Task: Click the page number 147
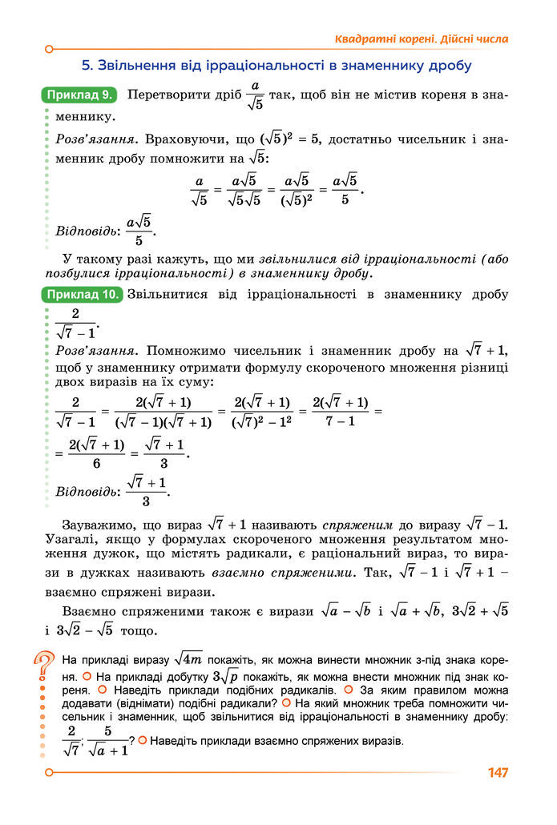click(497, 773)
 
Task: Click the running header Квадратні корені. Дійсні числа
click(421, 38)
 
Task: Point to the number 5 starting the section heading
click(87, 65)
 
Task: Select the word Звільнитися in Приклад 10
click(164, 294)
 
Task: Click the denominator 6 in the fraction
click(96, 463)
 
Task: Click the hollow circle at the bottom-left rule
click(49, 772)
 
